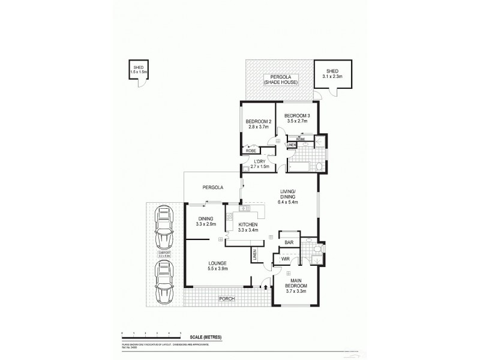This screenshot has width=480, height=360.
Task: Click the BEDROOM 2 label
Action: tap(259, 122)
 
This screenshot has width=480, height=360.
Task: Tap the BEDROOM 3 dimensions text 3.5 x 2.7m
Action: tap(296, 121)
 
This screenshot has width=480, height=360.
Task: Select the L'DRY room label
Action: tap(260, 162)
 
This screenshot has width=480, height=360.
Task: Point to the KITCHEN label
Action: tap(247, 224)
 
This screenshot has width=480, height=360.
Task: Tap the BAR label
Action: tap(289, 242)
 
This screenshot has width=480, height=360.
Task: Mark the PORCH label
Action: tap(226, 298)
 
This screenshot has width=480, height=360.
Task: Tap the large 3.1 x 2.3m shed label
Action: tap(331, 73)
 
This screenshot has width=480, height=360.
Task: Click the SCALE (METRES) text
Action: tap(205, 338)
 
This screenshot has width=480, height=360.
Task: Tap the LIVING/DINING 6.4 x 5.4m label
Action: tap(289, 197)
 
